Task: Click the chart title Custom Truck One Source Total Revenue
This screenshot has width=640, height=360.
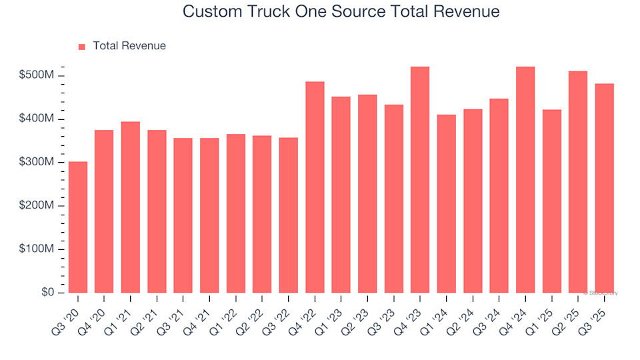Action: coord(341,12)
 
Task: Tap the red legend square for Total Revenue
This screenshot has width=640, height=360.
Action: coord(82,47)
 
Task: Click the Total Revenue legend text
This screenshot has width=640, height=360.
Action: coord(129,46)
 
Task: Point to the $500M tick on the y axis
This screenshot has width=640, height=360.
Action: coord(37,76)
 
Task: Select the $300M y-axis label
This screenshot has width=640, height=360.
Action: coord(37,163)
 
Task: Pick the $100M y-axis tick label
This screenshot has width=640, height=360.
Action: coord(37,249)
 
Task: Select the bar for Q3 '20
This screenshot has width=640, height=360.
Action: coord(78,227)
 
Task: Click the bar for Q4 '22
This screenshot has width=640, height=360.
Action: coord(315,187)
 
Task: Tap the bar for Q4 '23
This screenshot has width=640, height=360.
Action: coord(420,180)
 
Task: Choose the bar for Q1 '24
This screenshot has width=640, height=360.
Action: coord(447,203)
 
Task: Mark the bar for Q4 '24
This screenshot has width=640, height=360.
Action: coord(525,180)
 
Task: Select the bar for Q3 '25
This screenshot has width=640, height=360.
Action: coord(604,188)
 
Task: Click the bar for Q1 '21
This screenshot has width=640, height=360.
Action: coord(131,207)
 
